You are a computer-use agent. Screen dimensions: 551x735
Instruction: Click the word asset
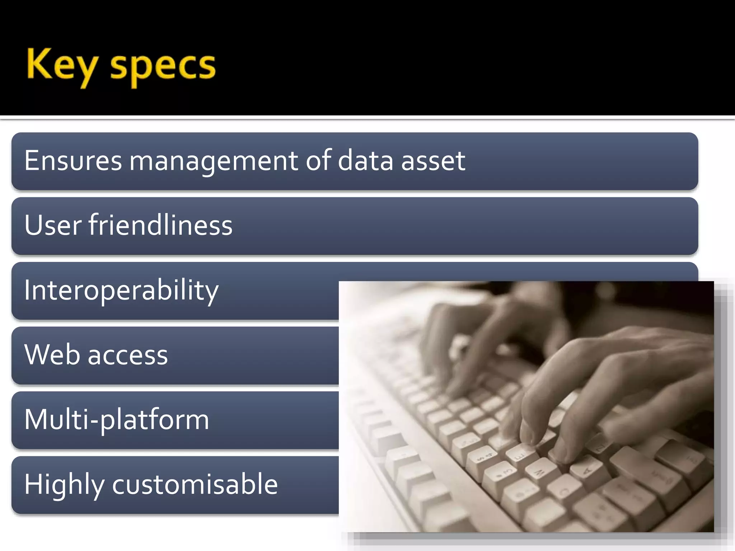(x=433, y=160)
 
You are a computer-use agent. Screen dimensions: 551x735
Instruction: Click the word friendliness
(x=160, y=225)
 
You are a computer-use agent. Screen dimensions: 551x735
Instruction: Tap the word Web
(x=52, y=354)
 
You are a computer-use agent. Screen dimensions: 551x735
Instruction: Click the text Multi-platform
(x=117, y=420)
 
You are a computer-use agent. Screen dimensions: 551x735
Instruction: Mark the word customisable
(x=195, y=484)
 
